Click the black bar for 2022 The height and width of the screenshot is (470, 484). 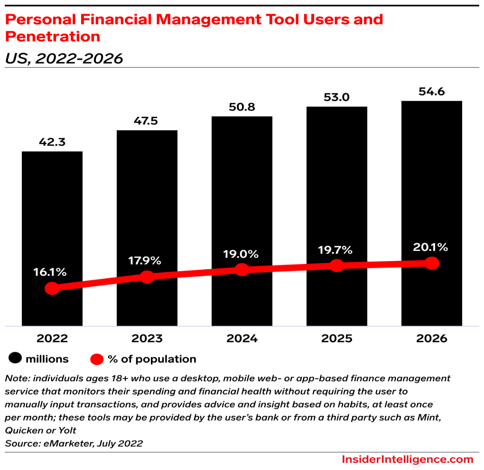click(x=52, y=214)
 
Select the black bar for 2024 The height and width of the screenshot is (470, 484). click(x=242, y=190)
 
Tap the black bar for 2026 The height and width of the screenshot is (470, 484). click(x=431, y=180)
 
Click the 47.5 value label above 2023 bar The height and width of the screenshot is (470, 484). click(x=147, y=121)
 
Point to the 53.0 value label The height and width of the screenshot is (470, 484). click(x=337, y=97)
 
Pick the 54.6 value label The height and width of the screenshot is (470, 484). click(x=431, y=92)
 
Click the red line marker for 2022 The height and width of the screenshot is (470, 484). click(x=52, y=288)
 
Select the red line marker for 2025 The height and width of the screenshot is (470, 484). click(x=337, y=265)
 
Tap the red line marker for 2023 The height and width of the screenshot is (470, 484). click(x=147, y=277)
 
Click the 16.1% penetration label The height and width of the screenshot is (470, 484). click(x=50, y=273)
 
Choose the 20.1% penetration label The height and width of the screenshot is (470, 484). click(x=430, y=247)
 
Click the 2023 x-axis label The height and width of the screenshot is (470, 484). click(x=147, y=338)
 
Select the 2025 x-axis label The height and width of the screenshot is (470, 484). click(x=337, y=338)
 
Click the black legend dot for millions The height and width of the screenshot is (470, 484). click(x=16, y=359)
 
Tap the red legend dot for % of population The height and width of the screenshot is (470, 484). click(x=97, y=359)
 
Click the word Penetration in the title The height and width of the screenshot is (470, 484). click(x=52, y=36)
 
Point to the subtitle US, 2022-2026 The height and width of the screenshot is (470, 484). click(x=64, y=58)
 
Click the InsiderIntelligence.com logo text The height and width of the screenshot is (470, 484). click(x=407, y=459)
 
